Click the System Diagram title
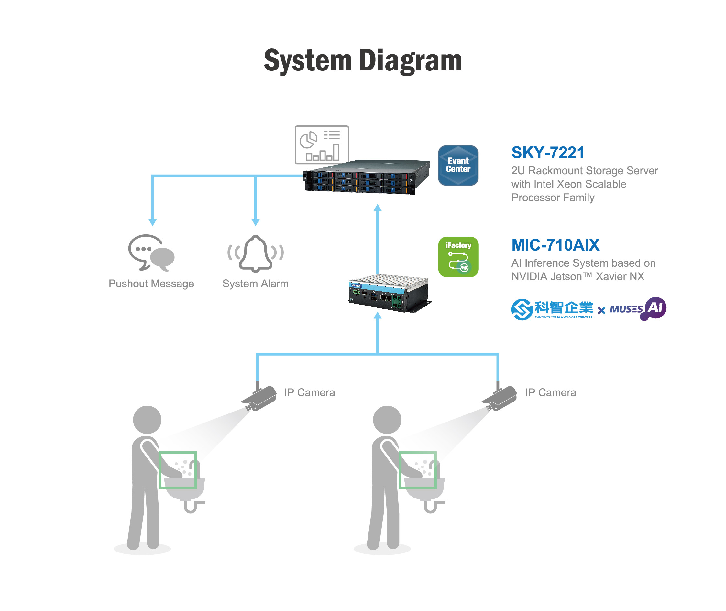[363, 61]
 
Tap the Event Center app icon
[458, 165]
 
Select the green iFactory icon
[458, 257]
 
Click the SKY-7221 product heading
[548, 153]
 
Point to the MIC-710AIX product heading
[555, 245]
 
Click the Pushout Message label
[151, 284]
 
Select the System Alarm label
[255, 284]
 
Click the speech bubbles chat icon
[151, 252]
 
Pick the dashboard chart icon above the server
[321, 145]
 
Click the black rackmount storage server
[366, 177]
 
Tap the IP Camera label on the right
[550, 392]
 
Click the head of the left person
[147, 420]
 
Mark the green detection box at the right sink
[417, 470]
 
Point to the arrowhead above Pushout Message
[153, 222]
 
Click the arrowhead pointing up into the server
[378, 208]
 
